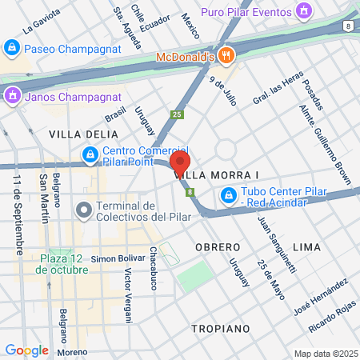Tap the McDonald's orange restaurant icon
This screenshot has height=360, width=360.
click(x=227, y=56)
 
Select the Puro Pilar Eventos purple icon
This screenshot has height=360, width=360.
click(x=303, y=10)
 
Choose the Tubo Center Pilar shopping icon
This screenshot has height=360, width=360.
click(x=229, y=194)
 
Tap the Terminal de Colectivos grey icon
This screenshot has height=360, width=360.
click(x=83, y=210)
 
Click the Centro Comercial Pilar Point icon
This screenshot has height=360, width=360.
click(x=90, y=153)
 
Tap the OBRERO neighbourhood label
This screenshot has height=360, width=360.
click(x=218, y=247)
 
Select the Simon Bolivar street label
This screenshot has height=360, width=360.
click(x=116, y=259)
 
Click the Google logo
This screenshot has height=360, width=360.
click(x=26, y=350)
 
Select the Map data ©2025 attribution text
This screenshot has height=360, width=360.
click(x=325, y=354)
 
